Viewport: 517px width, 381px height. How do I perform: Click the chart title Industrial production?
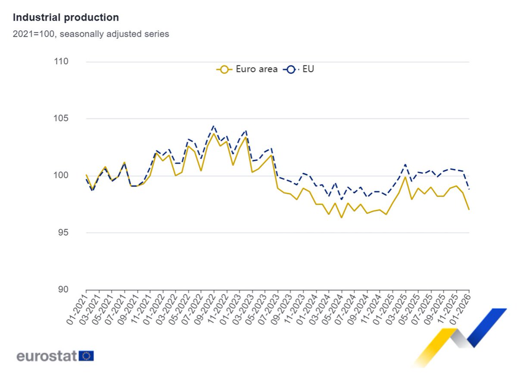tap(66, 18)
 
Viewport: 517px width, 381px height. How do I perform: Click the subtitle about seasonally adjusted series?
tap(91, 34)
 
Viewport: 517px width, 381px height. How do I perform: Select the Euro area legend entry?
tap(247, 69)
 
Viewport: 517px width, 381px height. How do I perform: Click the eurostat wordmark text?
tap(47, 356)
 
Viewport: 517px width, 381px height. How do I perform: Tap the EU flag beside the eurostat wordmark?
tap(86, 356)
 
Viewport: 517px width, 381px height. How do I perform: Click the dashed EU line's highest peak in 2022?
tap(213, 126)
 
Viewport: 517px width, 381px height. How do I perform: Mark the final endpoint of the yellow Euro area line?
tap(469, 209)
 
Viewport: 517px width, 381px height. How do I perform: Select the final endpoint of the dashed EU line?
tap(469, 189)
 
